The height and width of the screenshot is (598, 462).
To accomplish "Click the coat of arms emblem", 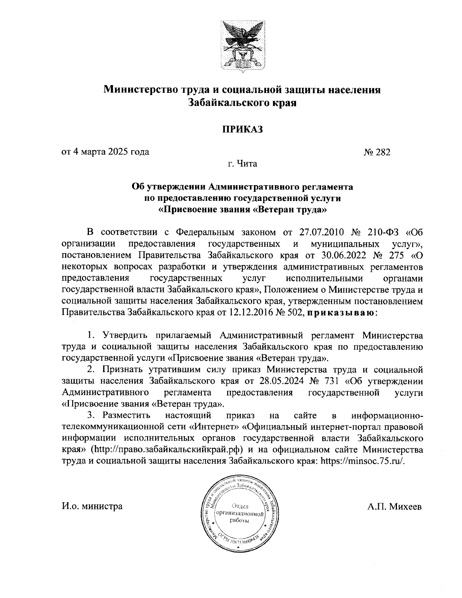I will tap(242, 45).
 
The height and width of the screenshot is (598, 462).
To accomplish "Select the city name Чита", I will tap(247, 164).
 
